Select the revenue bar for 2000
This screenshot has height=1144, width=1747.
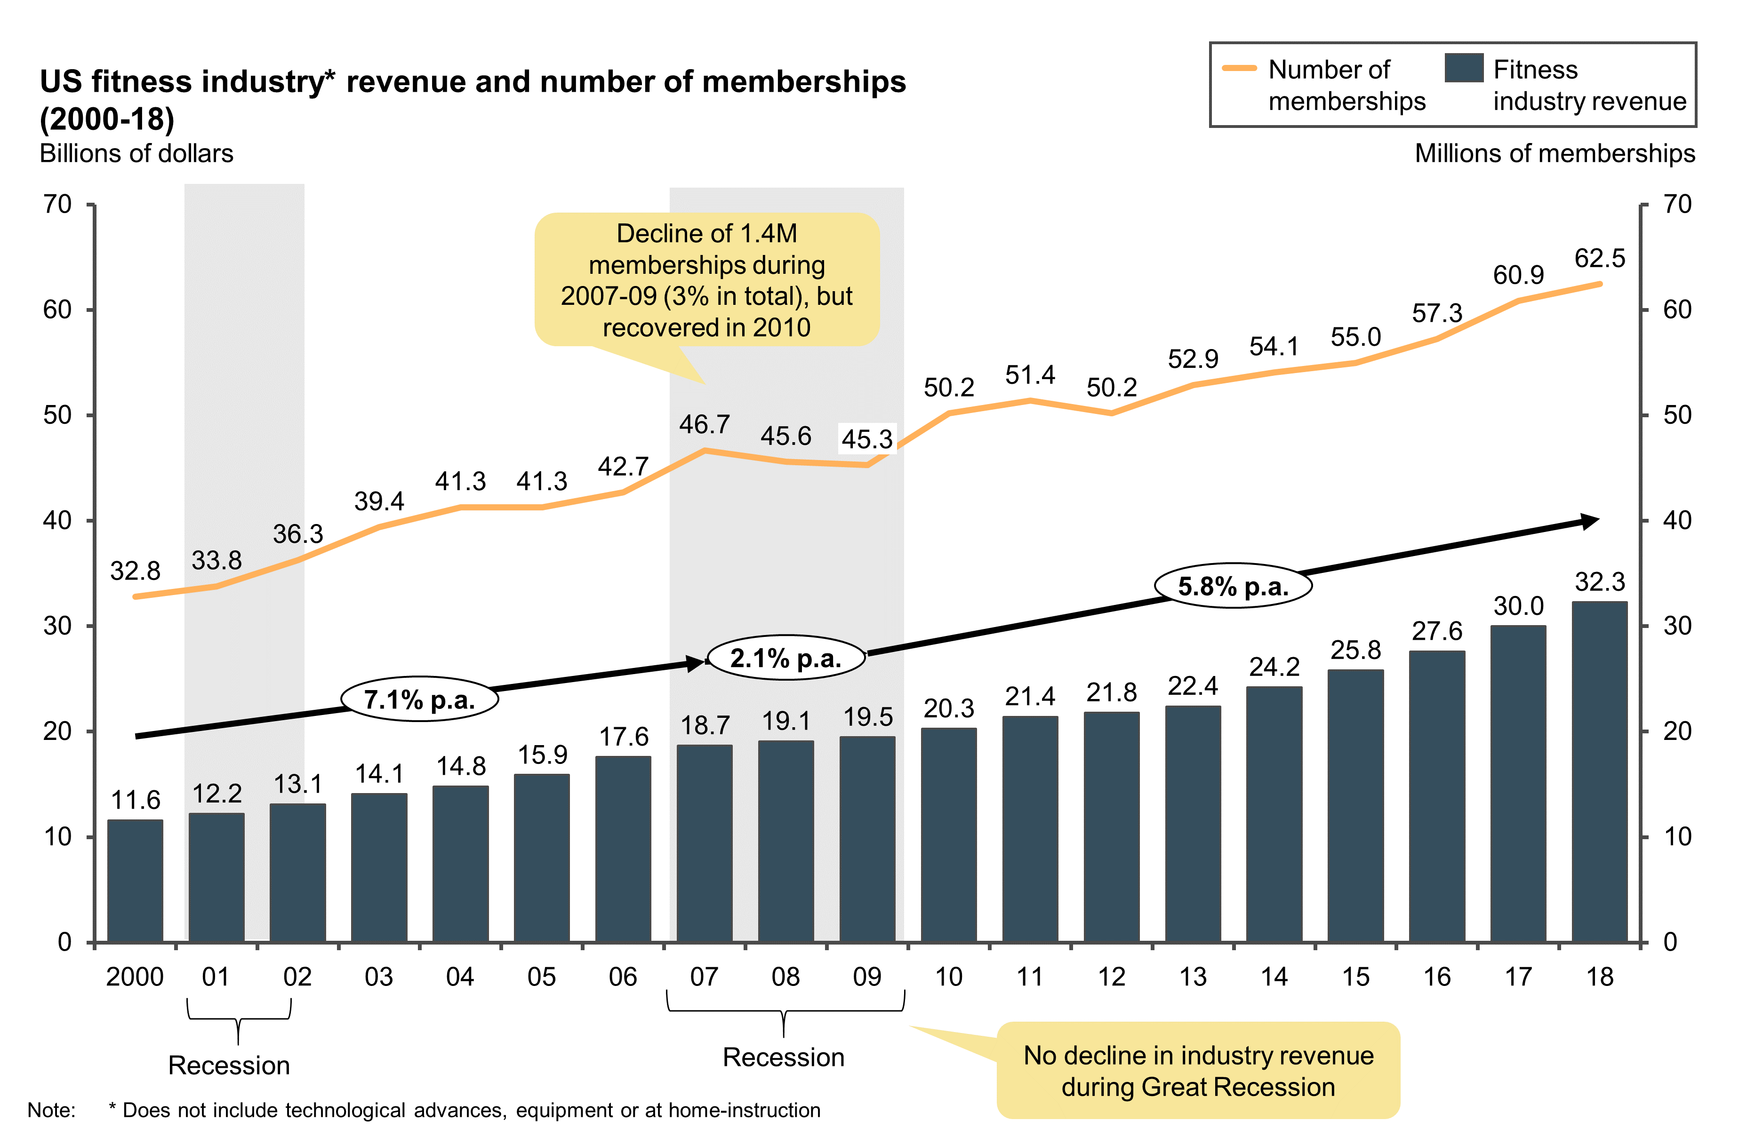click(x=135, y=881)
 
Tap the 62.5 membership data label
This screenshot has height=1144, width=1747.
click(x=1600, y=258)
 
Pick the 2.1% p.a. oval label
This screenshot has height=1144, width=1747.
click(x=785, y=658)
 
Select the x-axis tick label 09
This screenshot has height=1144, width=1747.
click(x=867, y=977)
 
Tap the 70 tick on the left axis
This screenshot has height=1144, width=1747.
click(x=57, y=204)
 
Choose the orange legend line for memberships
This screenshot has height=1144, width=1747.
click(x=1239, y=68)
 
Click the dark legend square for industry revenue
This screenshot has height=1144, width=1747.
click(x=1464, y=68)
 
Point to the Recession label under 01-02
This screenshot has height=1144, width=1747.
click(x=229, y=1065)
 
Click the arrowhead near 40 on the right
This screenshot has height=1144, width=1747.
click(x=1590, y=521)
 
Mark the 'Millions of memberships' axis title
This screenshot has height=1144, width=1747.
click(x=1554, y=153)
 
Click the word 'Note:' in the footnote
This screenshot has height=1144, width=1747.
click(x=51, y=1110)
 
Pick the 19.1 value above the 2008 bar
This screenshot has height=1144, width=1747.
click(x=785, y=721)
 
